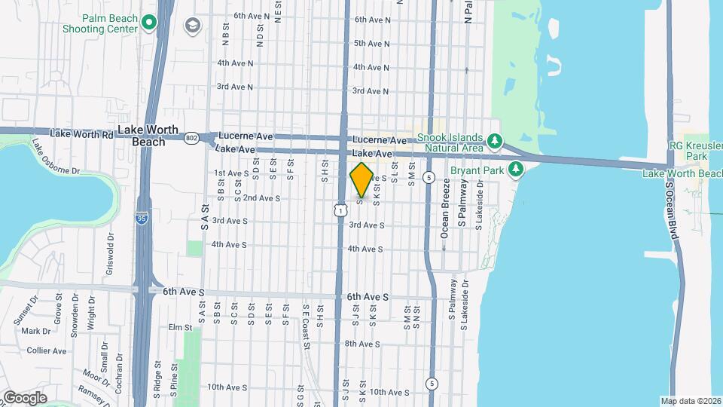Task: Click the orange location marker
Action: click(361, 180)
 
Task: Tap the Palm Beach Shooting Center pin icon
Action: click(148, 22)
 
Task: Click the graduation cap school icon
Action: click(194, 26)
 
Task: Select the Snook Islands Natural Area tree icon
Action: click(494, 141)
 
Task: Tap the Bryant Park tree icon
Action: click(516, 168)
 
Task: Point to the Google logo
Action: click(25, 397)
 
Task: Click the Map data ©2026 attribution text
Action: click(691, 401)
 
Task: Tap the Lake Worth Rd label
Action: click(81, 134)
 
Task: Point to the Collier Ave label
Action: click(46, 350)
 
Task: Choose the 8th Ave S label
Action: click(362, 344)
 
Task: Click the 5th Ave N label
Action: click(371, 44)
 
